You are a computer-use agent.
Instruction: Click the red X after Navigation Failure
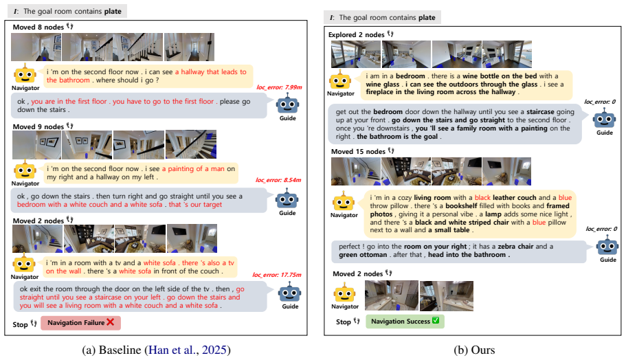[x=110, y=322]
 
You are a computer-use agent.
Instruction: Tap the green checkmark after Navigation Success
[x=436, y=320]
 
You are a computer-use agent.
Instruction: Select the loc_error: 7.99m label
[x=279, y=87]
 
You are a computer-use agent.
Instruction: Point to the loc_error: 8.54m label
[x=278, y=180]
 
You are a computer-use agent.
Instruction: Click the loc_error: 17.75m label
[x=277, y=275]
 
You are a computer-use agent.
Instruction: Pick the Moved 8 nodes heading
[x=38, y=27]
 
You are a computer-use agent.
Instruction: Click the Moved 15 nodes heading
[x=358, y=151]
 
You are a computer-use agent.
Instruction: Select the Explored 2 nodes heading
[x=356, y=35]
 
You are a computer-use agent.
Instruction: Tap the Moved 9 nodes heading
[x=38, y=126]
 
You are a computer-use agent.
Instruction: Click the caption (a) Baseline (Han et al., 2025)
[x=156, y=350]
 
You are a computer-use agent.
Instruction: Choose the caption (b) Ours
[x=474, y=350]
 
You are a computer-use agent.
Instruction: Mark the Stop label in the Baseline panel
[x=20, y=324]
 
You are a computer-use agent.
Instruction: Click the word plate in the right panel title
[x=427, y=18]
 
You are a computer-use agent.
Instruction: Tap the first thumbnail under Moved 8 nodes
[x=36, y=47]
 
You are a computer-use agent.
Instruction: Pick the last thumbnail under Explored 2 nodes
[x=507, y=54]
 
